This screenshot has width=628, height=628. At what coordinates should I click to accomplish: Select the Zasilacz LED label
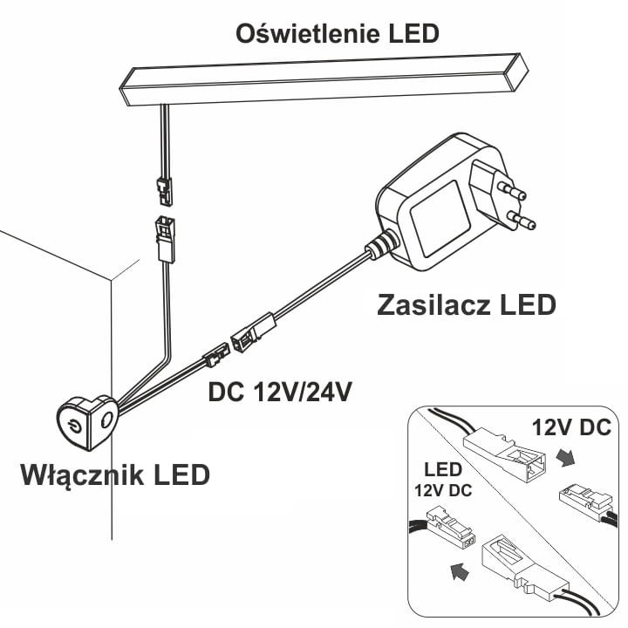click(x=467, y=305)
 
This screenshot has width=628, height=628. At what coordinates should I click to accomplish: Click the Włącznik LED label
click(x=114, y=475)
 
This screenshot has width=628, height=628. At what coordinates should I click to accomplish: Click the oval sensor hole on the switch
click(x=106, y=420)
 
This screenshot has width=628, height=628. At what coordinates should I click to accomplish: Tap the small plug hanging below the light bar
click(x=163, y=186)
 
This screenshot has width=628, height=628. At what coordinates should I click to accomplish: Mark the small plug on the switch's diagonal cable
click(x=214, y=354)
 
